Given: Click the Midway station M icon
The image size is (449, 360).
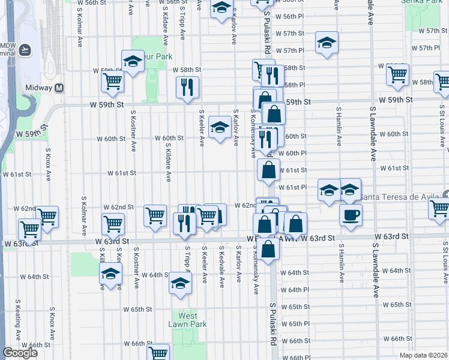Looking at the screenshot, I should point(59,88).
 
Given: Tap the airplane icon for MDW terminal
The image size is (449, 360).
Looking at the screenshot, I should point(25,49).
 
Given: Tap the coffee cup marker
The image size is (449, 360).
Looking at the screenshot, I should point(351,214).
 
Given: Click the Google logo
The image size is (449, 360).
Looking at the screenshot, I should point(20,353).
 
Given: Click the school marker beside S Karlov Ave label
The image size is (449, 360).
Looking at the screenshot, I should point(220,127).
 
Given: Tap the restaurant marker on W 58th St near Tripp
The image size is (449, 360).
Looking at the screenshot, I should point(187,87).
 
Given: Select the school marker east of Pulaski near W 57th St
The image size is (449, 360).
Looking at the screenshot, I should point(327,43).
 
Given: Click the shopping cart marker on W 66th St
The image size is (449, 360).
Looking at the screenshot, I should point(158,352).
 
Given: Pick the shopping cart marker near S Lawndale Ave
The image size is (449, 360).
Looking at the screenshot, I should point(397,74).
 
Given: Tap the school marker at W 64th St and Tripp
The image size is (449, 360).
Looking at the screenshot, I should point(179,282).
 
